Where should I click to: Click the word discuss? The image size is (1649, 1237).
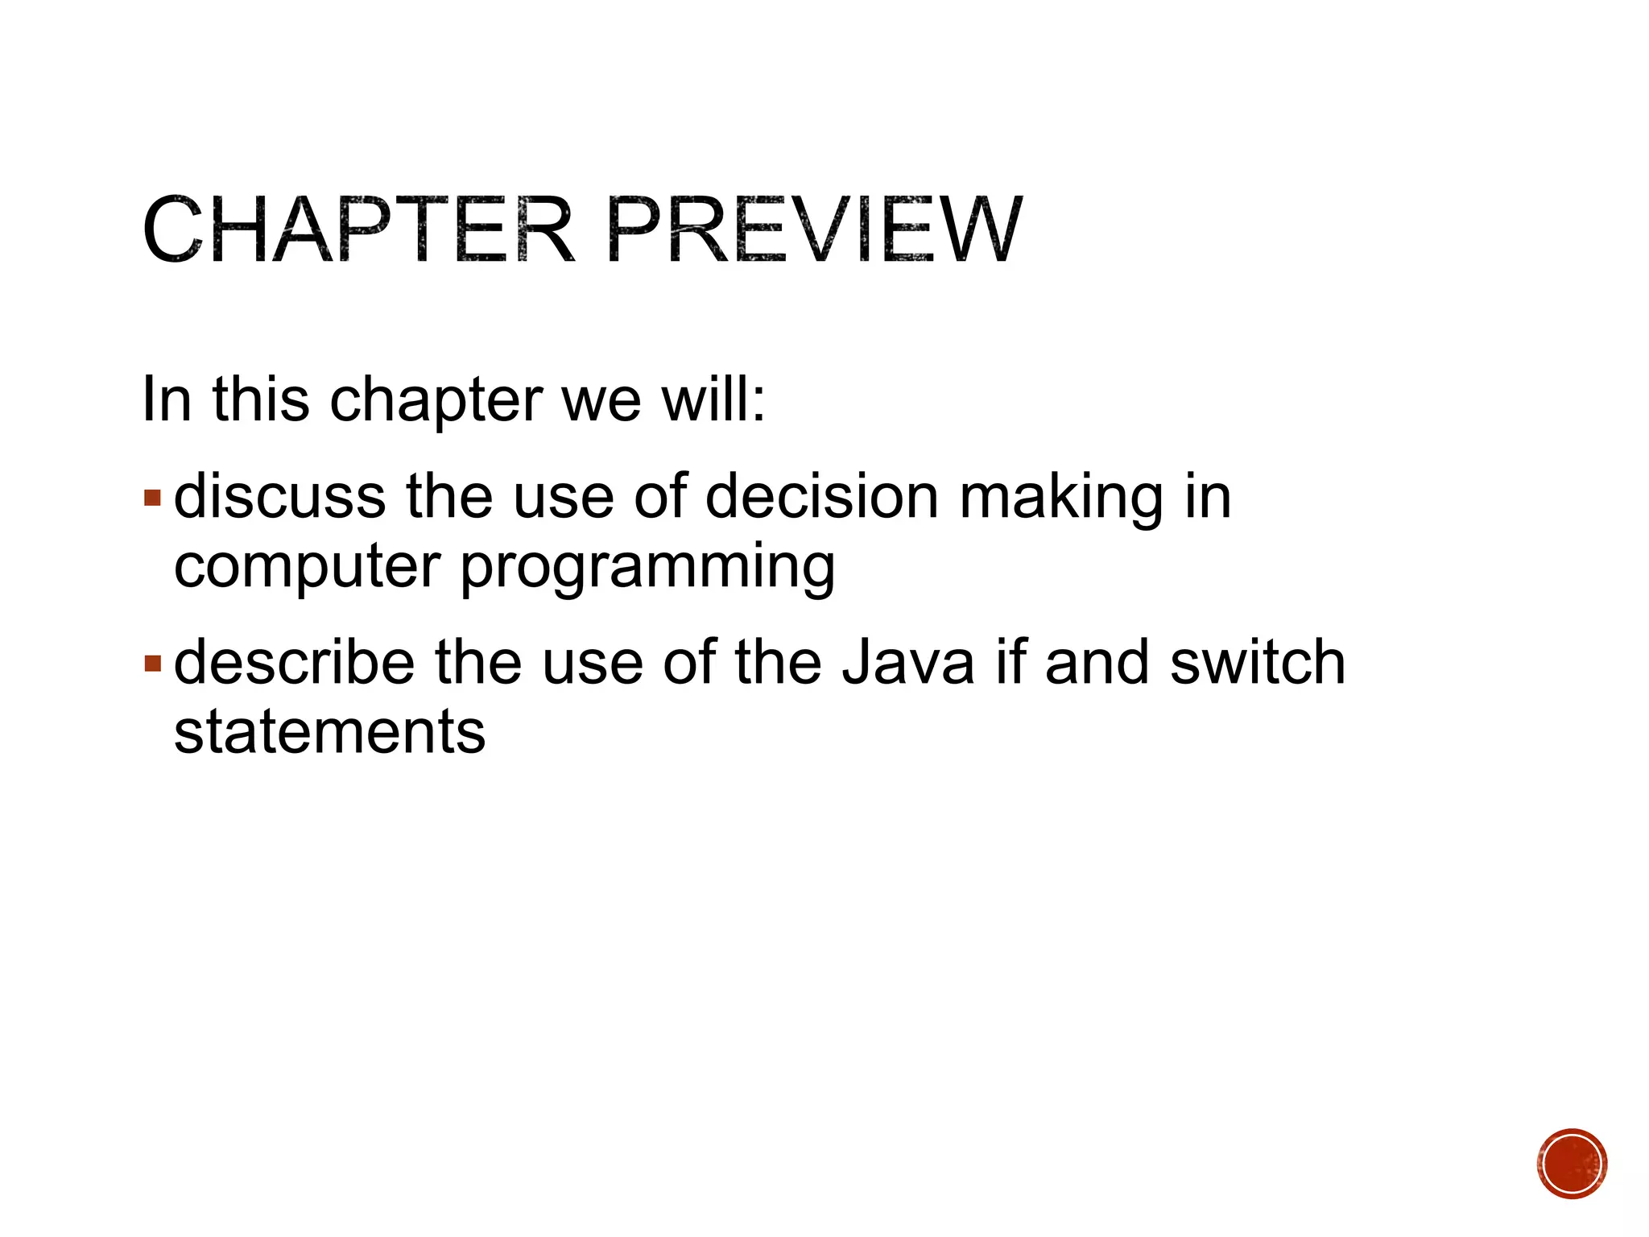tap(279, 497)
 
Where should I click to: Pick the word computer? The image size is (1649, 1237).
tap(307, 568)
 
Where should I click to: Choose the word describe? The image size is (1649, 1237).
tap(294, 663)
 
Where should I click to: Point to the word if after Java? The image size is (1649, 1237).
tap(1009, 663)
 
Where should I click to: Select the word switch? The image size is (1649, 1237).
tap(1257, 663)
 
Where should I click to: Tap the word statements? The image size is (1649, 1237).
tap(329, 733)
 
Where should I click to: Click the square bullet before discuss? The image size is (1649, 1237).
tap(152, 498)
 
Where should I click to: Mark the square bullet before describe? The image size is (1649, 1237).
tap(152, 664)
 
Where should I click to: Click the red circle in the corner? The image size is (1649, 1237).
tap(1571, 1164)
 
